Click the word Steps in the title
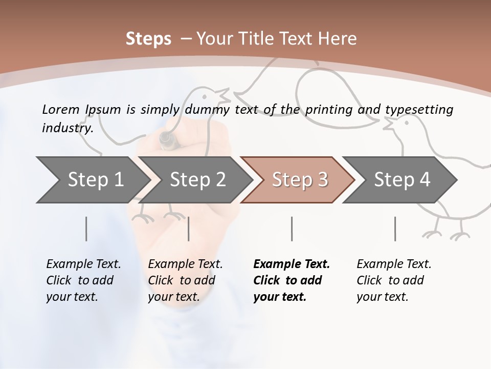[148, 39]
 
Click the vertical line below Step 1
[86, 229]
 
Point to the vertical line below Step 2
[189, 229]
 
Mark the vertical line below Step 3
[292, 229]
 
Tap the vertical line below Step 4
[395, 229]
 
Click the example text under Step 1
[83, 280]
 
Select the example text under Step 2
[185, 280]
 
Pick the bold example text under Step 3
[292, 280]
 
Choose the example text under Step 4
[394, 280]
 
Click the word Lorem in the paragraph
[60, 109]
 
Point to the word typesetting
[419, 110]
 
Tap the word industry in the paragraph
[68, 128]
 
